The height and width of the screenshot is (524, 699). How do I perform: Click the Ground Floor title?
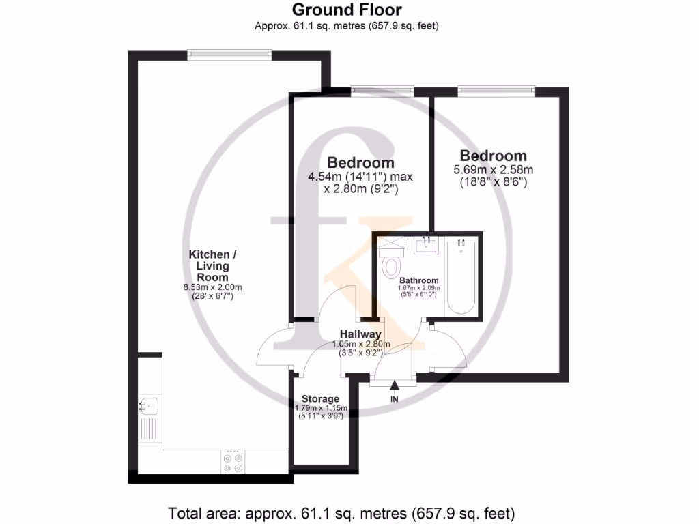pos(347,10)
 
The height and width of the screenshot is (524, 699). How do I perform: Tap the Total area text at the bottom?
pos(341,512)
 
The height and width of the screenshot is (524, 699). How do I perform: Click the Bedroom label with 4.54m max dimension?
pos(360,163)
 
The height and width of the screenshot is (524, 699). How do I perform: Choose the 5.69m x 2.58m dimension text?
pos(493,170)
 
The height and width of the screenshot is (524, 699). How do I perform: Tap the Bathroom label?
pos(418,280)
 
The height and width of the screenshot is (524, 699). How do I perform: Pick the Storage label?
pos(320,398)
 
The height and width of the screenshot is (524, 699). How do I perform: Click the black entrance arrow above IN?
pos(394,387)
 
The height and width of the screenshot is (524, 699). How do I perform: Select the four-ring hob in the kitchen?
pos(233,463)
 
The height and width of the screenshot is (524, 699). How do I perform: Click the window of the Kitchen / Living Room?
pos(230,55)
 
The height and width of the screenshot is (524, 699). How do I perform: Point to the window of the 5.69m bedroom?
pos(496,89)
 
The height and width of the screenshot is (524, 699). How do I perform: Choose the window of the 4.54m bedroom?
pos(382,89)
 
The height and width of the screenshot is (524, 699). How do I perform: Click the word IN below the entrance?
pos(394,398)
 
